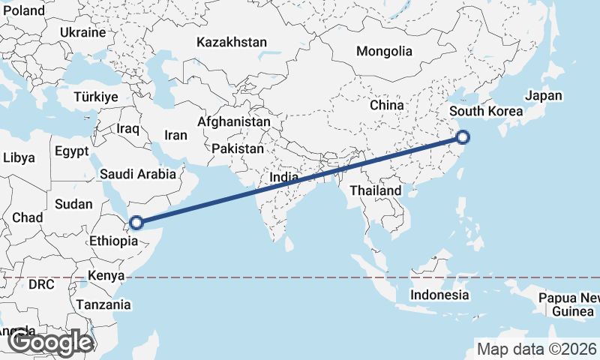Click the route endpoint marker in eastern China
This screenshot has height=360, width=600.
point(463,136)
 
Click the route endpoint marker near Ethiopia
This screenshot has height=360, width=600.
point(136,222)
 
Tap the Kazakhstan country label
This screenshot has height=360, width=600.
point(232,43)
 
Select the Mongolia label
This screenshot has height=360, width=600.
point(384,52)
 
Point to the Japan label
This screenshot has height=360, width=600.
point(543,96)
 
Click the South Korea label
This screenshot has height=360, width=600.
point(486,112)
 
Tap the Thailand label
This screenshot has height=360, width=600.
point(376,191)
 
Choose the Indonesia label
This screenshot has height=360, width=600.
point(439,295)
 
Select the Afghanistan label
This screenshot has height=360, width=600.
point(234,121)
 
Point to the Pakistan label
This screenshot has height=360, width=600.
point(237,149)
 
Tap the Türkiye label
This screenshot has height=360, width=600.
point(96,97)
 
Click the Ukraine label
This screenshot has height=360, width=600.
point(82,33)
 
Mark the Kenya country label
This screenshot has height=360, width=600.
point(106,275)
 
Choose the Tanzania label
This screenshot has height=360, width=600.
point(103,305)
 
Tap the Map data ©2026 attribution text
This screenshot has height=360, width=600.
point(536,349)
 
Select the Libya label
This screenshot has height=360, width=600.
point(19,158)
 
